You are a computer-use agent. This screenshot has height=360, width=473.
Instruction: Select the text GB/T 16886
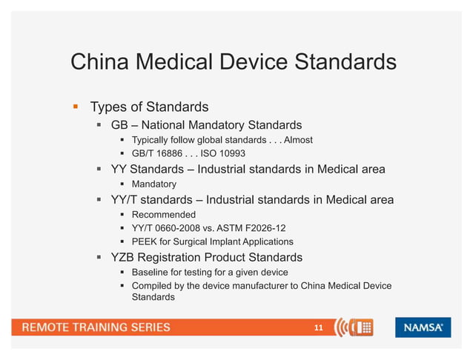tap(157, 153)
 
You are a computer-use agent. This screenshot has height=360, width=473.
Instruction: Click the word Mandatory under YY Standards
tap(153, 184)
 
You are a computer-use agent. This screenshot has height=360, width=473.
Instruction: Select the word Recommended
tap(164, 215)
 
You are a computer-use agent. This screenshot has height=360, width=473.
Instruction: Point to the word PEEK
tap(145, 241)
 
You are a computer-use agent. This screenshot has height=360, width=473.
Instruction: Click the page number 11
tap(319, 327)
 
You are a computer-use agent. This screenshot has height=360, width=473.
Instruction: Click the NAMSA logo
tap(423, 327)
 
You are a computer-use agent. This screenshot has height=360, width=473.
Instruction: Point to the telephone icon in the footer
tap(363, 327)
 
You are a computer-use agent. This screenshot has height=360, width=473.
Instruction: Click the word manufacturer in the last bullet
tap(261, 285)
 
